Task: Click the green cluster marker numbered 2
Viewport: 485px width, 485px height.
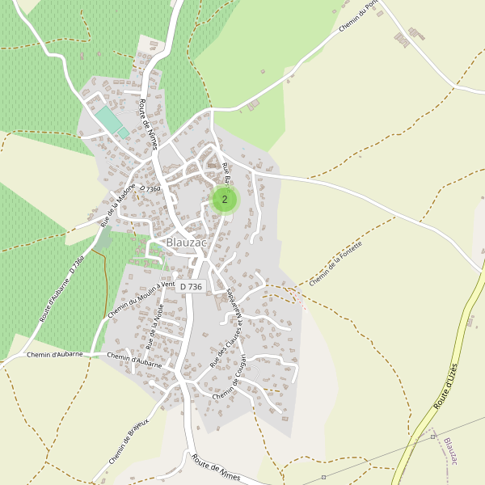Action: (x=224, y=199)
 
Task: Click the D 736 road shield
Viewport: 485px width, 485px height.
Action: (x=192, y=286)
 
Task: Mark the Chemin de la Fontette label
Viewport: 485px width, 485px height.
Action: (x=335, y=263)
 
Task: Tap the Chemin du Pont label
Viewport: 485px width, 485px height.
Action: (x=359, y=16)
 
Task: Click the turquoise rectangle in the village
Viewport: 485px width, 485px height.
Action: (x=108, y=120)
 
